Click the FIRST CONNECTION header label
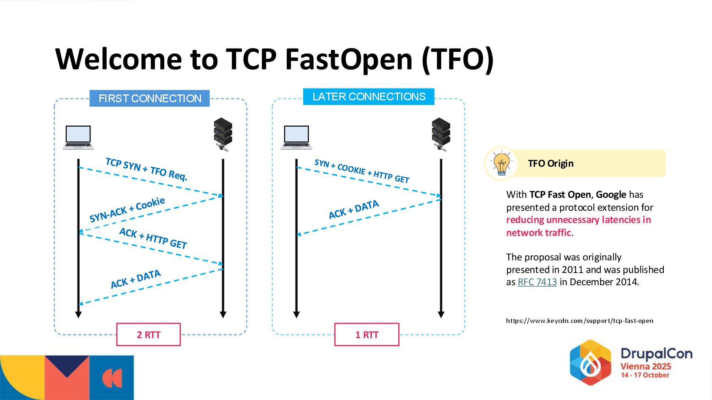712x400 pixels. tap(149, 99)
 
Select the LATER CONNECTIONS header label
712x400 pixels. tap(369, 97)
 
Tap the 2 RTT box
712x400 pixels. tap(148, 335)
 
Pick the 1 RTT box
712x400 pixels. tap(367, 335)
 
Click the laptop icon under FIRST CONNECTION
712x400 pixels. tap(78, 137)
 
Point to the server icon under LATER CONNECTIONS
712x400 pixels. tap(441, 134)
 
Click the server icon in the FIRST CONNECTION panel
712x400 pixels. tap(223, 134)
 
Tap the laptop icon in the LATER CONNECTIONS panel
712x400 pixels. tap(296, 137)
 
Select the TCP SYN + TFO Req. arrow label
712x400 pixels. tap(146, 169)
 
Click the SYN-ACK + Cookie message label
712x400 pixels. tap(127, 210)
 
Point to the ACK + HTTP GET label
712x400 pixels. tap(153, 238)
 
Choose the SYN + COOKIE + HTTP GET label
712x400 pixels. tap(362, 171)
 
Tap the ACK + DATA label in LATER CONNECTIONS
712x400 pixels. tap(354, 210)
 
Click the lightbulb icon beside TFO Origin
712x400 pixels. tap(501, 163)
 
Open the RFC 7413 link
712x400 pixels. tap(537, 282)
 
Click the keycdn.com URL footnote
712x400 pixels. tap(580, 321)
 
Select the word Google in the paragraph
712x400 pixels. tap(611, 195)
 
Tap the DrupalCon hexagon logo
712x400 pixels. tap(590, 362)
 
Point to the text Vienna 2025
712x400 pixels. tap(646, 367)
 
